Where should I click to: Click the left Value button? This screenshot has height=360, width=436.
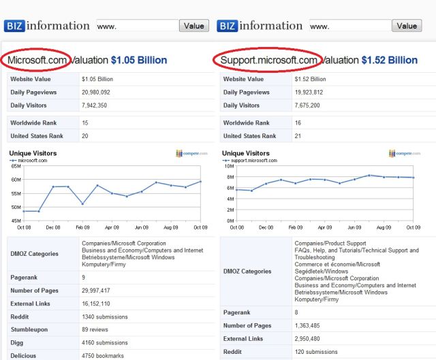(x=194, y=26)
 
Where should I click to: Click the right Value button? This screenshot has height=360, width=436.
(x=407, y=26)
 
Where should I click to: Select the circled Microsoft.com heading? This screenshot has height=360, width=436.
(x=38, y=60)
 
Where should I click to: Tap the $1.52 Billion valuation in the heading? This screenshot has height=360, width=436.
(x=389, y=60)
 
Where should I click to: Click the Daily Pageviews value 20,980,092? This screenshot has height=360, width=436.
(x=100, y=93)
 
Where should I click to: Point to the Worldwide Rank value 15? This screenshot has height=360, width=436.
(x=85, y=123)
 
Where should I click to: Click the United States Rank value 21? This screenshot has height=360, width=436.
(x=298, y=136)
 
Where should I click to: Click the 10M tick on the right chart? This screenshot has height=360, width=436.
(x=229, y=166)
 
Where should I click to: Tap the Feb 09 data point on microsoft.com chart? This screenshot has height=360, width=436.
(x=82, y=203)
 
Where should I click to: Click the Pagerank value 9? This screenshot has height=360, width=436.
(x=84, y=277)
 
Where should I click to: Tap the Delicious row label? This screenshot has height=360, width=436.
(x=24, y=355)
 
